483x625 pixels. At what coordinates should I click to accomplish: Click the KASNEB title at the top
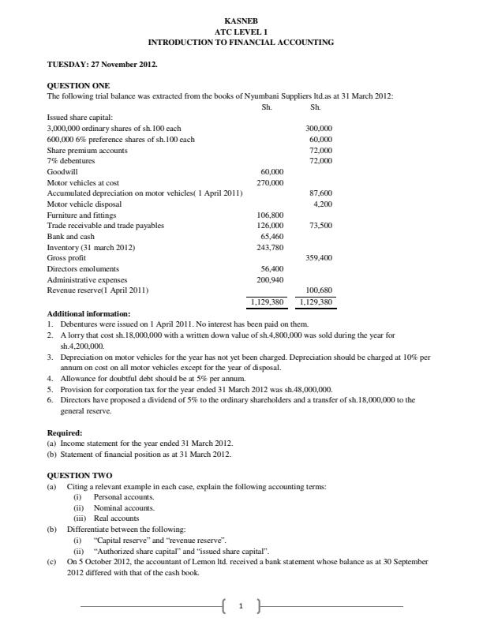click(241, 21)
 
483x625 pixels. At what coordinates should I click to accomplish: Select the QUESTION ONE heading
click(79, 85)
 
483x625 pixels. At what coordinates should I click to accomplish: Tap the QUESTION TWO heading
click(80, 475)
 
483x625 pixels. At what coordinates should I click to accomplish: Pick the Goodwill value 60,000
click(271, 171)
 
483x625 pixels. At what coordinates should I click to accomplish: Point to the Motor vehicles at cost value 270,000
click(270, 182)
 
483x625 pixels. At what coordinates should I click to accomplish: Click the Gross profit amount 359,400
click(319, 258)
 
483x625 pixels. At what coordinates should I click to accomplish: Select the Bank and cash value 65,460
click(271, 236)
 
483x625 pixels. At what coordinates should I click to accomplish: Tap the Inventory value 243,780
click(270, 247)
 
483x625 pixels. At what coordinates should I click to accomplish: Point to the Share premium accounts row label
click(87, 150)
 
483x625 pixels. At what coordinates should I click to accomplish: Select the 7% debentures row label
click(71, 160)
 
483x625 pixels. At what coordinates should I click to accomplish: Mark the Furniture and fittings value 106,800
click(270, 215)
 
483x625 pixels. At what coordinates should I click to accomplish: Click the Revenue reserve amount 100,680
click(319, 290)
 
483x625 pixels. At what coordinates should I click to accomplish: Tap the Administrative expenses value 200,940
click(270, 279)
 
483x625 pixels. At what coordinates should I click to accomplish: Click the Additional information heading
click(88, 313)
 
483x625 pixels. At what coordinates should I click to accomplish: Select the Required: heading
click(65, 432)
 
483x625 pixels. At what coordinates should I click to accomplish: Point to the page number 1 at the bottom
click(241, 606)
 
